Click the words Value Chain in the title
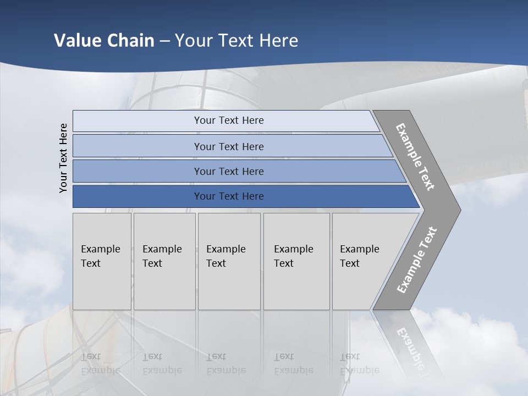pyautogui.click(x=104, y=41)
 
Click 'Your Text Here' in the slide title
pyautogui.click(x=237, y=41)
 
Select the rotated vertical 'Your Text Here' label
pyautogui.click(x=63, y=158)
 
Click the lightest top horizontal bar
pyautogui.click(x=228, y=120)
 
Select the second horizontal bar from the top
pyautogui.click(x=228, y=146)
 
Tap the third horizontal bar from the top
pyautogui.click(x=228, y=171)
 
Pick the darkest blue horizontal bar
pyautogui.click(x=228, y=196)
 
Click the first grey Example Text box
pyautogui.click(x=102, y=261)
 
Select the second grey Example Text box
pyautogui.click(x=164, y=261)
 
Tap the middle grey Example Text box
pyautogui.click(x=229, y=261)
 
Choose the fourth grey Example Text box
pyautogui.click(x=296, y=261)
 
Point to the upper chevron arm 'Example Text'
pyautogui.click(x=415, y=157)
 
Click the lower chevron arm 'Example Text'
pyautogui.click(x=416, y=260)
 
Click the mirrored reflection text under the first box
pyautogui.click(x=100, y=364)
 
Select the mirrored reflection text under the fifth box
pyautogui.click(x=359, y=364)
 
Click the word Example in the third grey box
pyautogui.click(x=226, y=249)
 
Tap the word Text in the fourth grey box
pyautogui.click(x=284, y=263)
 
